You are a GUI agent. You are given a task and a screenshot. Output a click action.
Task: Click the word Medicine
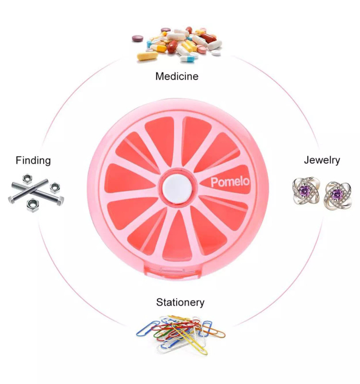[x=177, y=76]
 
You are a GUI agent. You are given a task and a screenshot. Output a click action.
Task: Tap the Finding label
[x=33, y=160]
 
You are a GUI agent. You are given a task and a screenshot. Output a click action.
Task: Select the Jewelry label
[x=322, y=160]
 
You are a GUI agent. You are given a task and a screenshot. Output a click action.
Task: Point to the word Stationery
[x=180, y=302]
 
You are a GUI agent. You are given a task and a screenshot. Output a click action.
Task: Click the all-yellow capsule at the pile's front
[x=146, y=57]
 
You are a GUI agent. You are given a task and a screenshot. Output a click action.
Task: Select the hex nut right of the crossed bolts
[x=54, y=186]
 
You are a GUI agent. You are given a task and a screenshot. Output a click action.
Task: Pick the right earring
[x=338, y=195]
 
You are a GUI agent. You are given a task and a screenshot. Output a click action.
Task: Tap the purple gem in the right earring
[x=338, y=194]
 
